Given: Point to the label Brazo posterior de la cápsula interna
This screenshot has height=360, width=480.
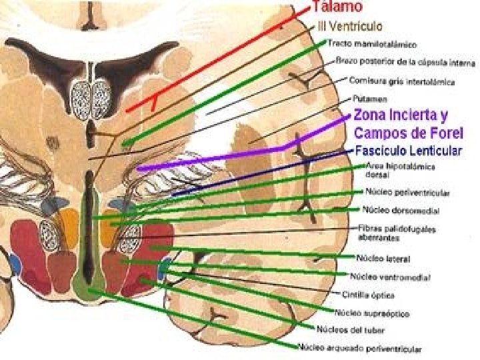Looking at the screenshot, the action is tap(406, 63).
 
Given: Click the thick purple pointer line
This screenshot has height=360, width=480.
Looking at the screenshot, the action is tap(213, 159).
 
